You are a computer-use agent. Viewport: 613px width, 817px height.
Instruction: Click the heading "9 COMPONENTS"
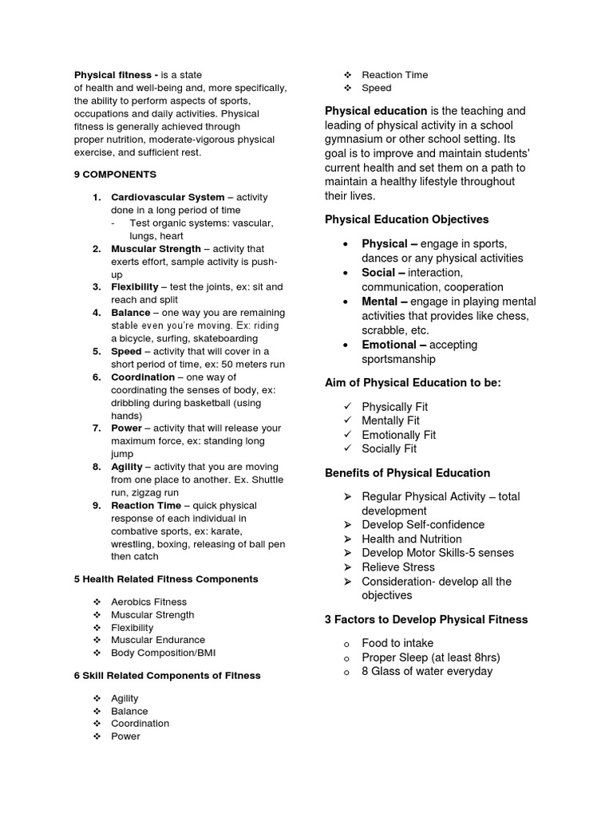[x=115, y=174]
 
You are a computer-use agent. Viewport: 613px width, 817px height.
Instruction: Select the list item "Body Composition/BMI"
[x=163, y=653]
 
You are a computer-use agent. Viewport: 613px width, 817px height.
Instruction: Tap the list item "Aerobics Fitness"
[x=148, y=602]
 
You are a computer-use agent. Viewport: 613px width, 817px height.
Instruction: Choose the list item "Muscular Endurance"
[x=158, y=640]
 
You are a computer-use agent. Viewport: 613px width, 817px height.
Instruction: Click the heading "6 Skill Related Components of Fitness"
[x=167, y=676]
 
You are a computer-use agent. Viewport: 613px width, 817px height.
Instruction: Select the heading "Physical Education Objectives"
[x=406, y=219]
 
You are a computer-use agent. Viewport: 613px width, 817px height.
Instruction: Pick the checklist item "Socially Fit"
[x=389, y=449]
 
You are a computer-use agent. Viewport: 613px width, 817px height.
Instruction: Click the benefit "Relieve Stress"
[x=398, y=567]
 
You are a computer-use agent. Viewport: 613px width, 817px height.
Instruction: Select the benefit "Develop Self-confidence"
[x=423, y=525]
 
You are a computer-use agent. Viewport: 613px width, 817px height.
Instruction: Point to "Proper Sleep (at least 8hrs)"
[x=430, y=657]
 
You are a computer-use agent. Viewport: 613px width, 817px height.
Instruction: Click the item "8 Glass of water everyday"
[x=427, y=672]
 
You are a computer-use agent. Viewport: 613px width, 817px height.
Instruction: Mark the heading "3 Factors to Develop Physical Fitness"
[x=426, y=620]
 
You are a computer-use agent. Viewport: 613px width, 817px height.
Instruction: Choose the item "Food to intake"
[x=397, y=643]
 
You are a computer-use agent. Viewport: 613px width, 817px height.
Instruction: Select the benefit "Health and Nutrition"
[x=412, y=539]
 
